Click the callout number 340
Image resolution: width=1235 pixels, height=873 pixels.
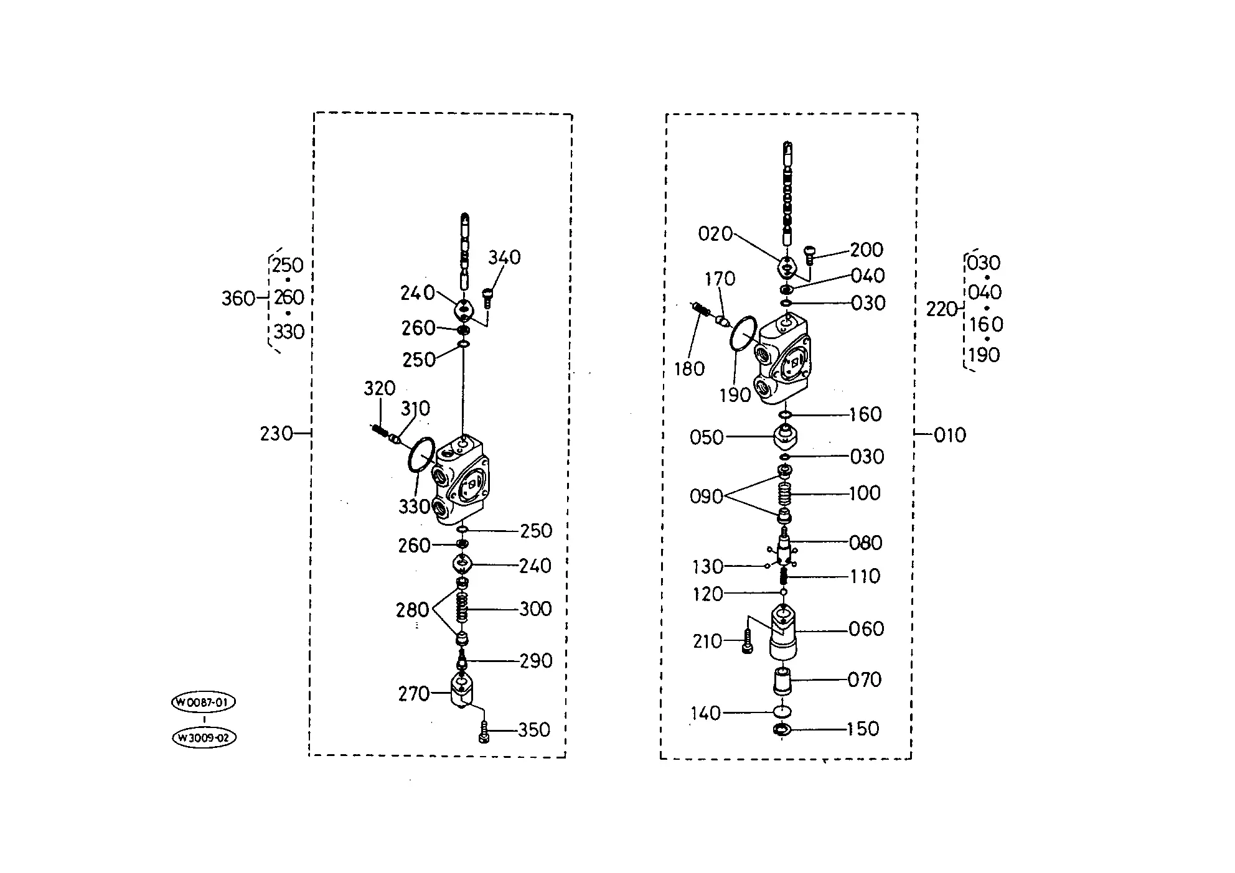pyautogui.click(x=504, y=257)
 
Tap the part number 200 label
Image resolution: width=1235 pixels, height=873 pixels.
pyautogui.click(x=866, y=250)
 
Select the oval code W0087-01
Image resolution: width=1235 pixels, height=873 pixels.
pyautogui.click(x=204, y=703)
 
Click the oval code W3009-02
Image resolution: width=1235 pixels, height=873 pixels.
pyautogui.click(x=204, y=738)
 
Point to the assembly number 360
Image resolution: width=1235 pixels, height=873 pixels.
pyautogui.click(x=238, y=299)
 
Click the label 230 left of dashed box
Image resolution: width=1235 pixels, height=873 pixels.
pyautogui.click(x=276, y=433)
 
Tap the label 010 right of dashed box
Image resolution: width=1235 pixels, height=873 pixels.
pyautogui.click(x=950, y=435)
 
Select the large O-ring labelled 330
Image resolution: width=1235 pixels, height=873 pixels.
pyautogui.click(x=421, y=455)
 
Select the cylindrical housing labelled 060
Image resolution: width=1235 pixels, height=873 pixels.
pyautogui.click(x=784, y=633)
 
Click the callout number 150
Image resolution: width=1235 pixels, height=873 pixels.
pyautogui.click(x=863, y=729)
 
